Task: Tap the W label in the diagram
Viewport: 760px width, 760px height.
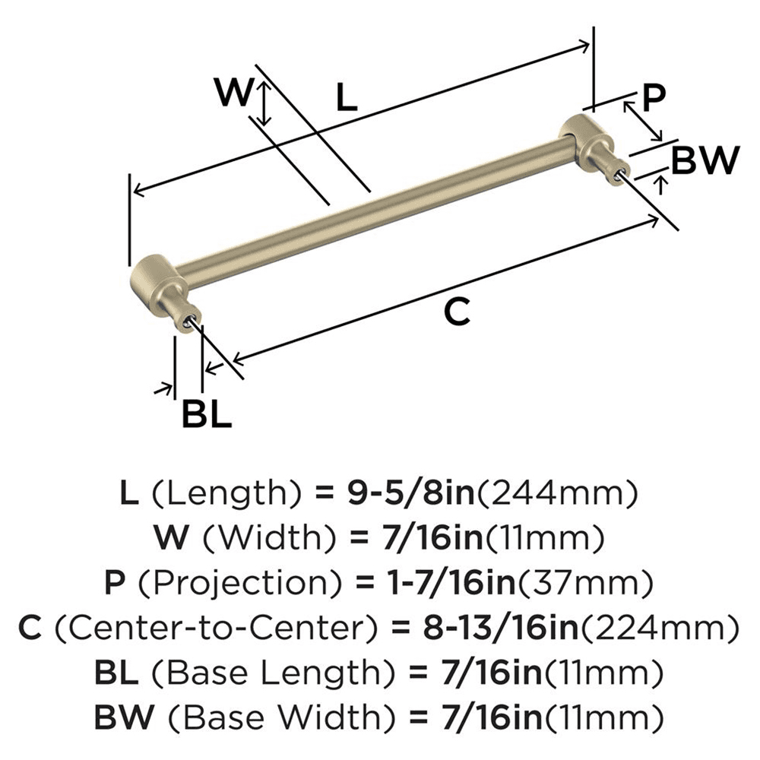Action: (x=232, y=94)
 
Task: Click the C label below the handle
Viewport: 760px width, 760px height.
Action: (x=457, y=312)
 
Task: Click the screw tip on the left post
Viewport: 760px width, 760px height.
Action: (x=186, y=324)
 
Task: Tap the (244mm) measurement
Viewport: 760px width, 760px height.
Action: (x=556, y=495)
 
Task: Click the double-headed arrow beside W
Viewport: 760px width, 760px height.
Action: (x=264, y=104)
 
